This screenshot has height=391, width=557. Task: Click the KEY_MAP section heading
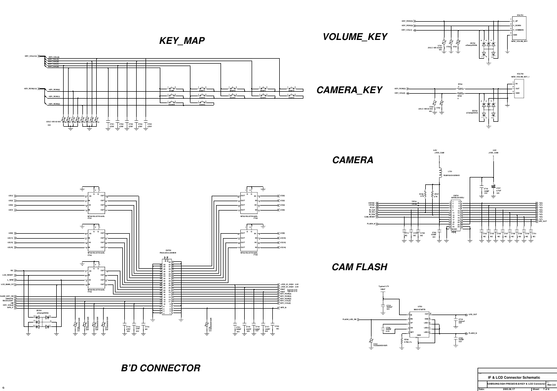coord(181,41)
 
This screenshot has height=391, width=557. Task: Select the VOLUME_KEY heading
coord(355,37)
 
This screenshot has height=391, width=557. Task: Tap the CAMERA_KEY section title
coord(349,90)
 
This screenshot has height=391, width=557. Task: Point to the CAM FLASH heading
coord(359,267)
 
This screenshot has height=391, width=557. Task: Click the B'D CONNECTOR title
coord(161,368)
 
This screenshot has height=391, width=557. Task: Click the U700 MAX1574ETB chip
coord(420,324)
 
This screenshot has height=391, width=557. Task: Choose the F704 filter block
coord(96,279)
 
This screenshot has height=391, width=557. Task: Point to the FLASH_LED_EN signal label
coord(353,320)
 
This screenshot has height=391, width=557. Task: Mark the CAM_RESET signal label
coord(370,216)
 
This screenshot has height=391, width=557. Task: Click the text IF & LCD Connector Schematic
coord(511,377)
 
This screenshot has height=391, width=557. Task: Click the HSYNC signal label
coord(371,203)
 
